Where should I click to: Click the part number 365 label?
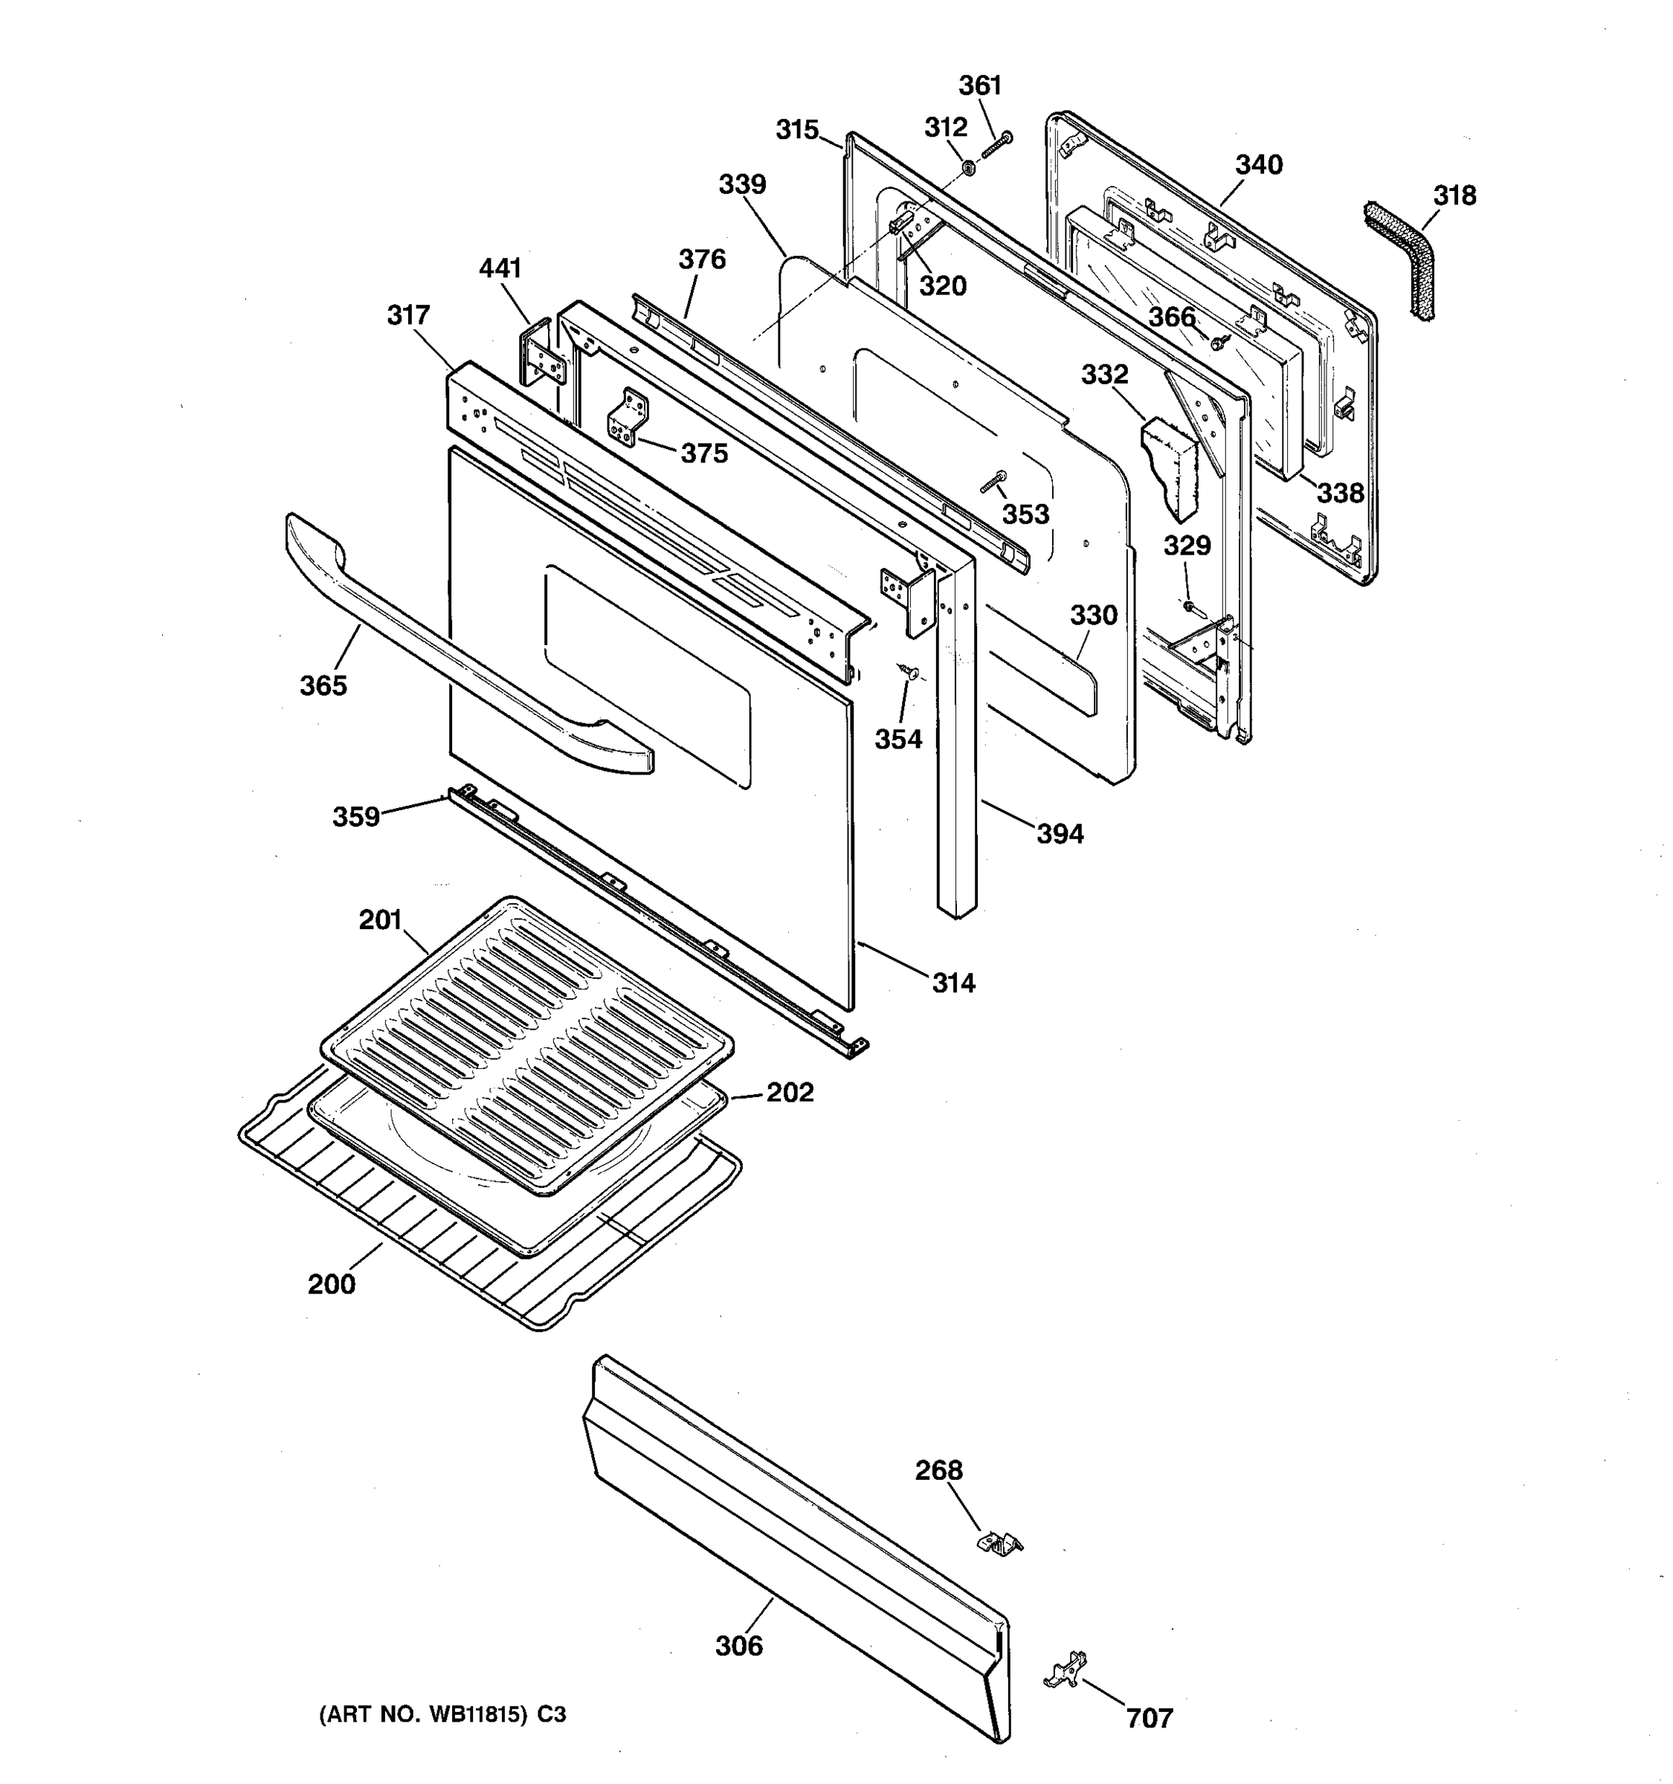tap(323, 685)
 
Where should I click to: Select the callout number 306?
tap(738, 1646)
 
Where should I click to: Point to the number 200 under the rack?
tap(331, 1284)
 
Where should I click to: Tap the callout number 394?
tap(1060, 834)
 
